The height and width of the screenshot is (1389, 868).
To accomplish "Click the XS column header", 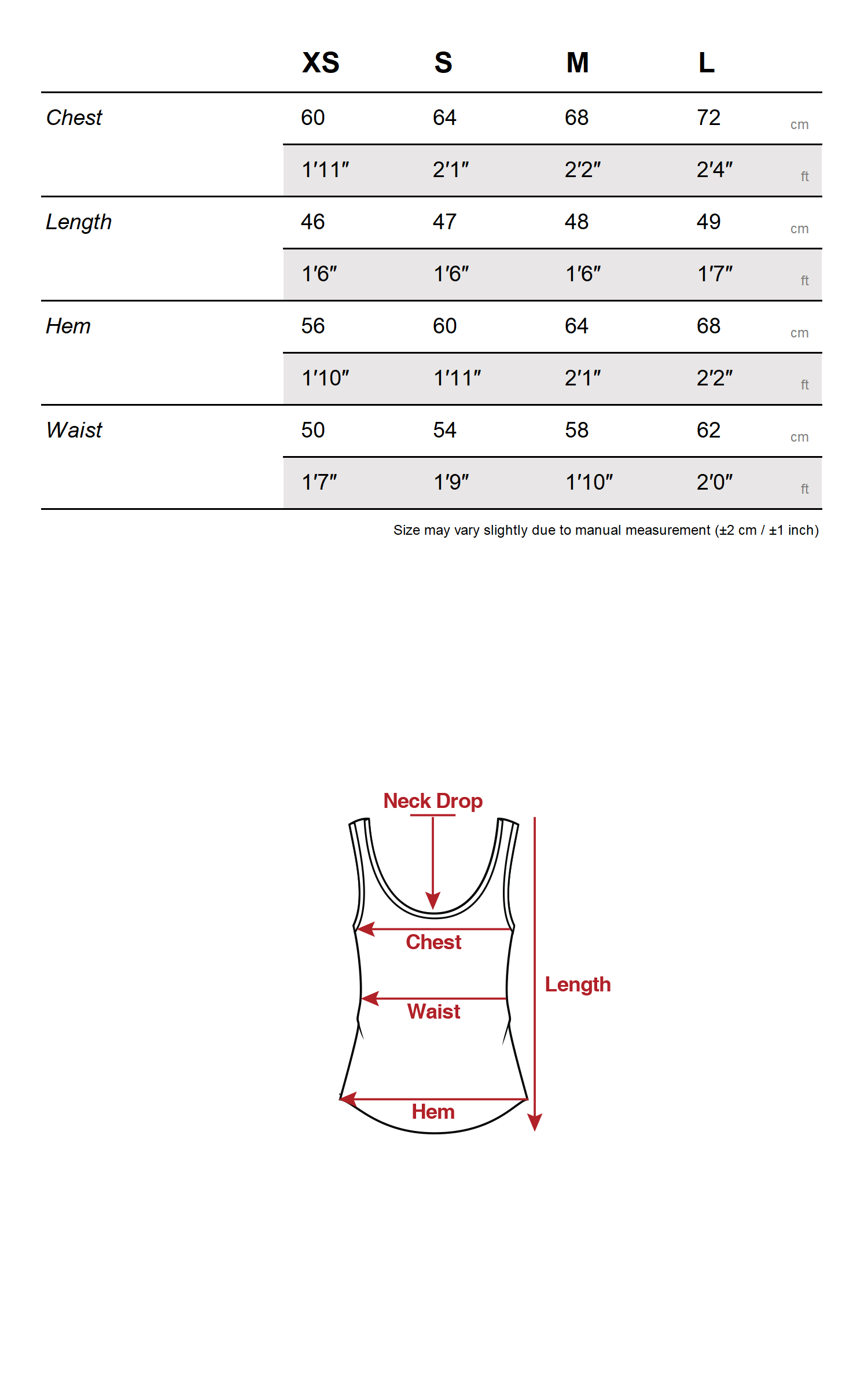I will pos(321,63).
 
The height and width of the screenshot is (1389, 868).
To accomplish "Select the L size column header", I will pos(706,63).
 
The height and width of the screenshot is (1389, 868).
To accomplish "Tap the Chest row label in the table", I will pos(74,117).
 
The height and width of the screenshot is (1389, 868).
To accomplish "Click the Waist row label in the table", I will pos(74,430).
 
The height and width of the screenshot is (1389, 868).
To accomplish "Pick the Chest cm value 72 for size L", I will pos(708,117).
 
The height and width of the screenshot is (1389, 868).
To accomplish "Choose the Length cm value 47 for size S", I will pos(444,222).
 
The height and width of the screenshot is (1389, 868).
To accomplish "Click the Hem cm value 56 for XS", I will pos(312,326).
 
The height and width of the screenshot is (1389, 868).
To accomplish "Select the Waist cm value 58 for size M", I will pos(576,430).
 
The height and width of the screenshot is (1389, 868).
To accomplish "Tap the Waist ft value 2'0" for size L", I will pos(714,482).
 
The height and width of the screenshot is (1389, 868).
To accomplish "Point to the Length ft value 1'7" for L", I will pos(714,274).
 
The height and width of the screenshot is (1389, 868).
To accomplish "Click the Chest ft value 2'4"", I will pos(714,170).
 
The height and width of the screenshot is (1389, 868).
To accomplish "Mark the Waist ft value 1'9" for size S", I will pos(451,482).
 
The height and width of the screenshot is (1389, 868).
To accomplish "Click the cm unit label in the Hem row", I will pos(799,333).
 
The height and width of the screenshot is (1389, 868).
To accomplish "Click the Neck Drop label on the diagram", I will pos(433,801).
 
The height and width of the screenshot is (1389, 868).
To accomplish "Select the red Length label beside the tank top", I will pos(578,984).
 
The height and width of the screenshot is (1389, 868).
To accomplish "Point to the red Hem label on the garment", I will pos(433,1112).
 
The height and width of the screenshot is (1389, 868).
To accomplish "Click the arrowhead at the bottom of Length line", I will pos(535,1123).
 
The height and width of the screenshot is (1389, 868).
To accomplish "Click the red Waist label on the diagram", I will pos(433,1012).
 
